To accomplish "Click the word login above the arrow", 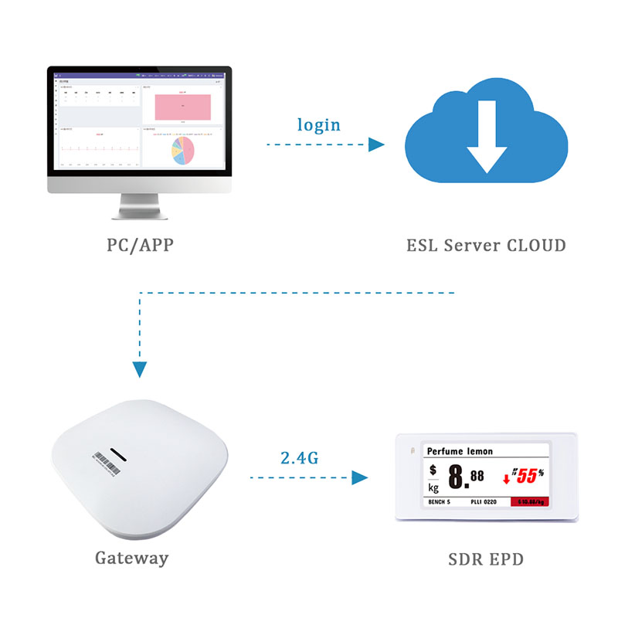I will [319, 125].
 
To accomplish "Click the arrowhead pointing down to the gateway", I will [139, 369].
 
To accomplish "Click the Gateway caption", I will [131, 557].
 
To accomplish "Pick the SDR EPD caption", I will [486, 558].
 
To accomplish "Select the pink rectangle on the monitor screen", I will [182, 107].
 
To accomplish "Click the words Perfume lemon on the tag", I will [460, 451].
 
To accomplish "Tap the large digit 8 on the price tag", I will [456, 477].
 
